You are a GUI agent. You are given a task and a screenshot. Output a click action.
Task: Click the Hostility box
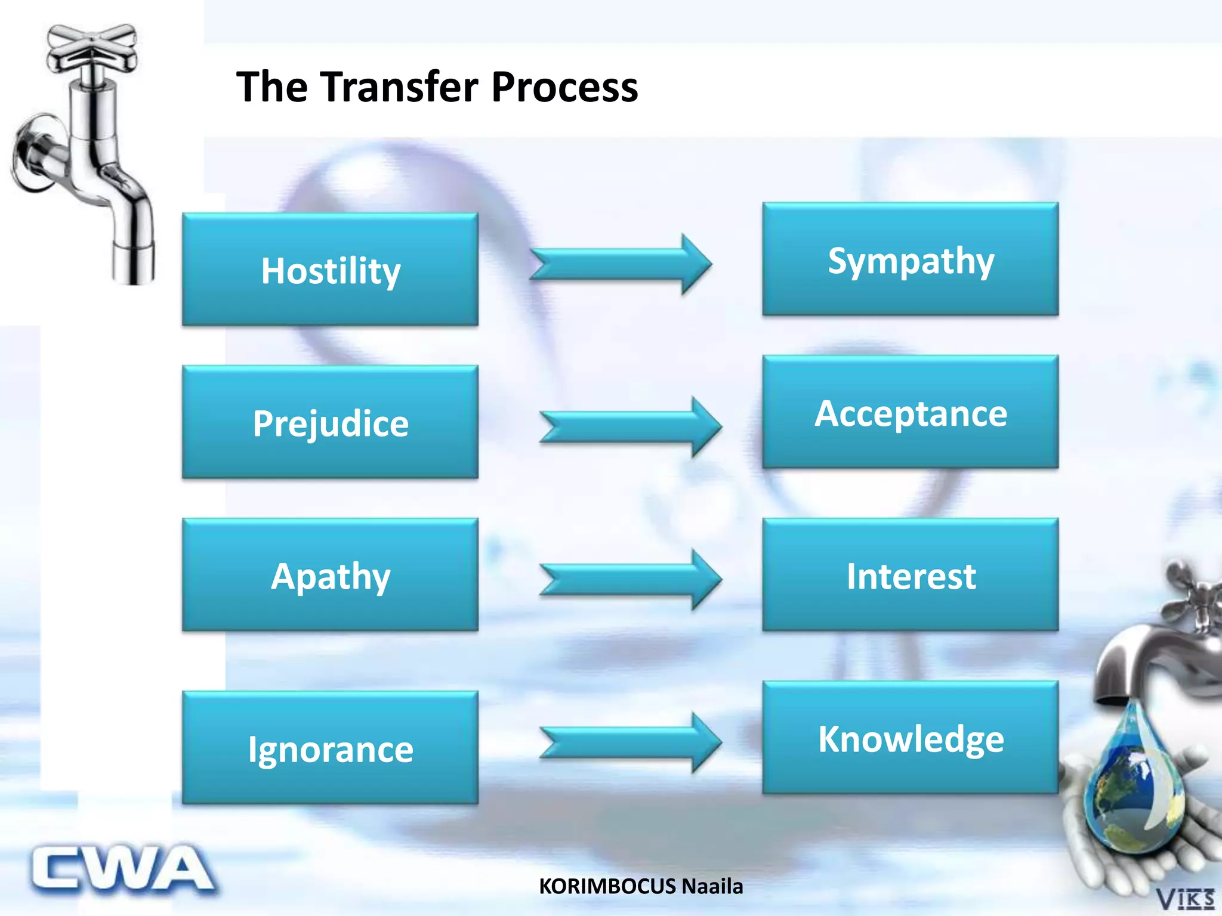[330, 270]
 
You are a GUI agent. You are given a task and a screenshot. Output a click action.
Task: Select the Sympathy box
[910, 259]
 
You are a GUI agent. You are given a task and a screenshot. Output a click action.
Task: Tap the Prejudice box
[330, 422]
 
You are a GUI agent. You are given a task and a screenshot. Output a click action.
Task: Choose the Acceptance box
[910, 412]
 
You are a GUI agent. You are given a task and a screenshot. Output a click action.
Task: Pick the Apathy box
[330, 575]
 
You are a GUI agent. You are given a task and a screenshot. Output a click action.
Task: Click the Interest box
[910, 575]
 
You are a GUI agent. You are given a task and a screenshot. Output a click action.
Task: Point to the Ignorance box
[330, 748]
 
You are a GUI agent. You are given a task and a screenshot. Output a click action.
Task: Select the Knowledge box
[910, 738]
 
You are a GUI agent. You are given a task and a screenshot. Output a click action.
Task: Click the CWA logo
[122, 870]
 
